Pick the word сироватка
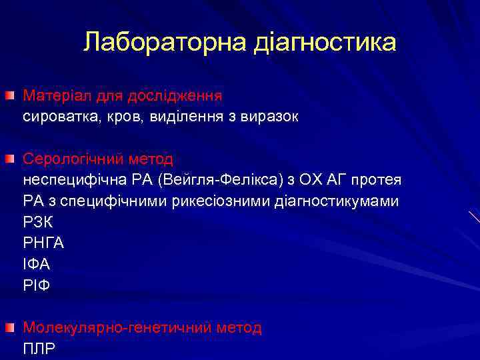tap(57, 117)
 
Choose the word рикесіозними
tap(225, 201)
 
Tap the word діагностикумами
tap(337, 201)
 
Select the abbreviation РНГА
tap(43, 243)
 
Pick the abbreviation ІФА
tap(36, 265)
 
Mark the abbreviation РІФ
tap(36, 285)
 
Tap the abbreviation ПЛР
tap(39, 349)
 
